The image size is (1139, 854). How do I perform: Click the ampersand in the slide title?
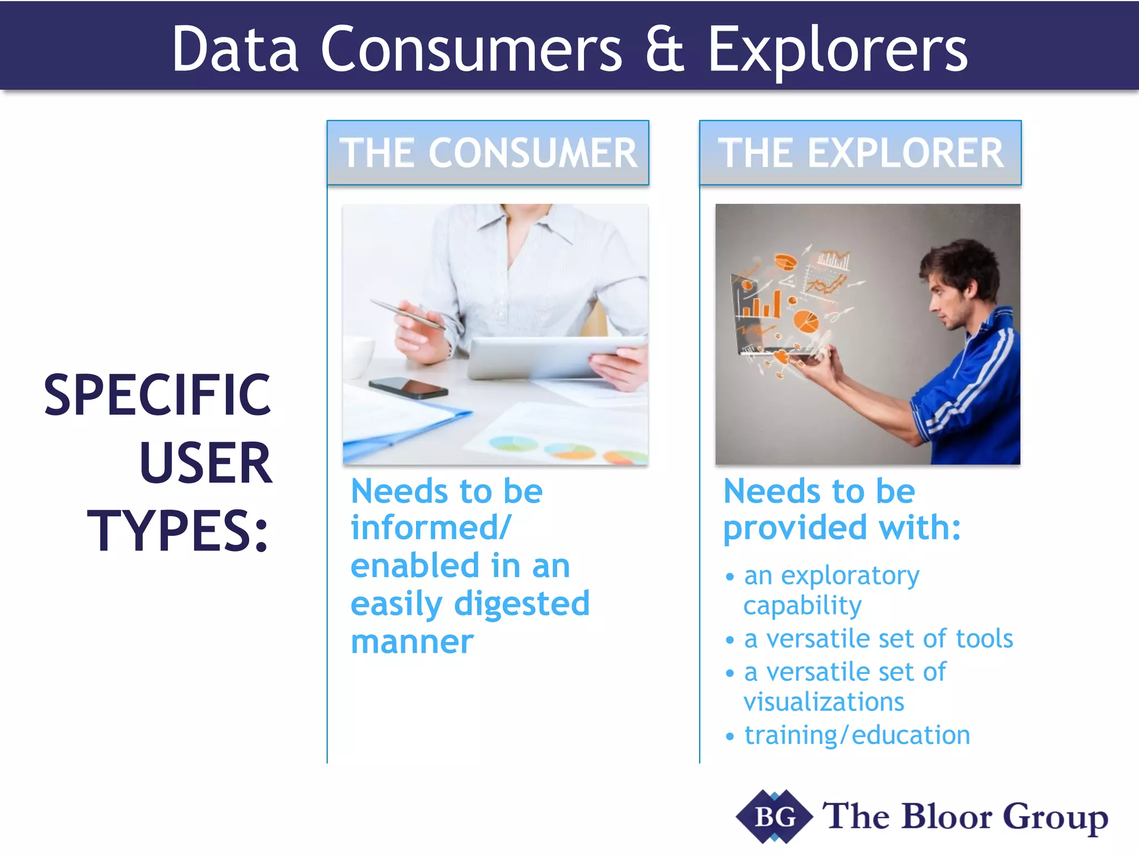(665, 50)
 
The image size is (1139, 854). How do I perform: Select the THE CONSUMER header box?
(488, 153)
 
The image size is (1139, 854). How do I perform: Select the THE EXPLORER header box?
(860, 153)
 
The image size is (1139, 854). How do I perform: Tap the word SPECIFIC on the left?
(157, 395)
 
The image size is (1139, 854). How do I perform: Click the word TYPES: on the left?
(178, 531)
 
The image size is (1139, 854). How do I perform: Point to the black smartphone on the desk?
(409, 387)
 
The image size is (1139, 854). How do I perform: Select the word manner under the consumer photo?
(412, 642)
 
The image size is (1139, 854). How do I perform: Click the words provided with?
(842, 528)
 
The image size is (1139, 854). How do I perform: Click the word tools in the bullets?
(984, 639)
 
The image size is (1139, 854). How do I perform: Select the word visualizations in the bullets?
(824, 702)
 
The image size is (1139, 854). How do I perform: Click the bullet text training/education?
(857, 736)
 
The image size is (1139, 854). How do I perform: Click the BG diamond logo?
(774, 817)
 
